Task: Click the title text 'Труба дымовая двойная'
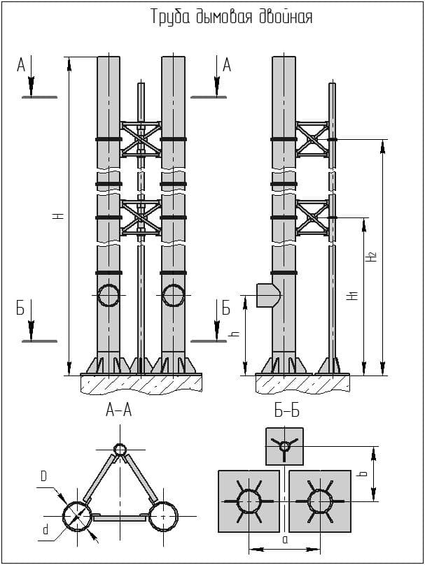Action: point(232,17)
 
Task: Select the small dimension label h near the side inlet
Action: point(235,334)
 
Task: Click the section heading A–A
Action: point(118,412)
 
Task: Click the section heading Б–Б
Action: point(284,412)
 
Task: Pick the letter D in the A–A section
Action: point(43,476)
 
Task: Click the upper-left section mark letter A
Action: point(21,66)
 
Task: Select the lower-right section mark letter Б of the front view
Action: point(225,308)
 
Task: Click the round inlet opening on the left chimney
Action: point(109,296)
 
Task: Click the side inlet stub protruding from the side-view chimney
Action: point(265,294)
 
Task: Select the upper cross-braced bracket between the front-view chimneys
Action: point(141,139)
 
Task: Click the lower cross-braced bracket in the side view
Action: point(312,217)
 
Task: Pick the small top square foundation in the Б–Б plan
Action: point(284,445)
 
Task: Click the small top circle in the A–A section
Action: point(120,449)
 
